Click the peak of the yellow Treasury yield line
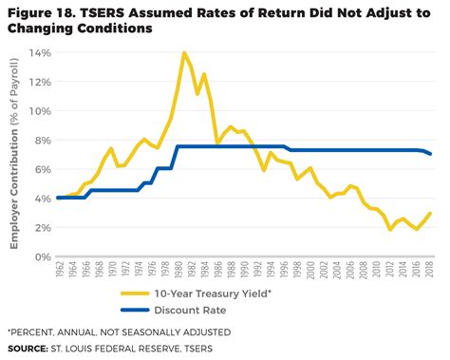pos(182,53)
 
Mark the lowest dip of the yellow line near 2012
pos(390,229)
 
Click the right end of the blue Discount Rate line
pos(431,154)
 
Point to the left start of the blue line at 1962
pos(59,198)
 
